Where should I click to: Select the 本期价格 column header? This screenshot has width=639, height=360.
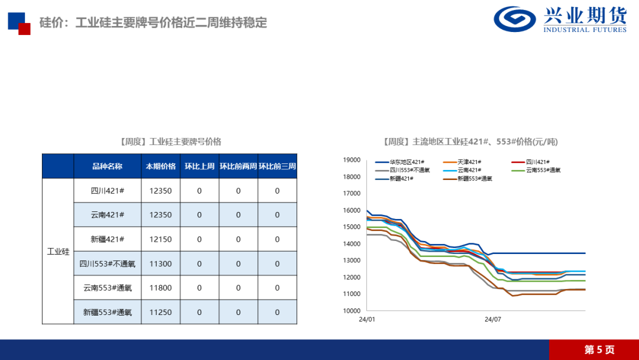(x=161, y=166)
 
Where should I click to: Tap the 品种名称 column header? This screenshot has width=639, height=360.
(x=107, y=166)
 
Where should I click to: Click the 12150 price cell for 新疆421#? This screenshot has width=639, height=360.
(x=161, y=239)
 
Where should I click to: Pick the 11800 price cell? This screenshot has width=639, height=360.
(x=161, y=288)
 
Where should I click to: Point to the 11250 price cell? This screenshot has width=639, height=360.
(x=161, y=312)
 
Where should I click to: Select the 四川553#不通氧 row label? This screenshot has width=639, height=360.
(x=107, y=263)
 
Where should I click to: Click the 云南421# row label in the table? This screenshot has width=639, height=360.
(x=107, y=215)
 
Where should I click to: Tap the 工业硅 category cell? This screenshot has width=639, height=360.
(x=58, y=252)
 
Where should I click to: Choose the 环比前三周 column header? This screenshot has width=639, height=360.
(x=277, y=166)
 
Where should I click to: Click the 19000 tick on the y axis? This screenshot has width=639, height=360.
(x=352, y=160)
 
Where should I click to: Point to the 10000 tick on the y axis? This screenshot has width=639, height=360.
(x=352, y=311)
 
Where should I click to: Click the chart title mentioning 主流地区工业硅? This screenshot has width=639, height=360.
(x=470, y=142)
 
